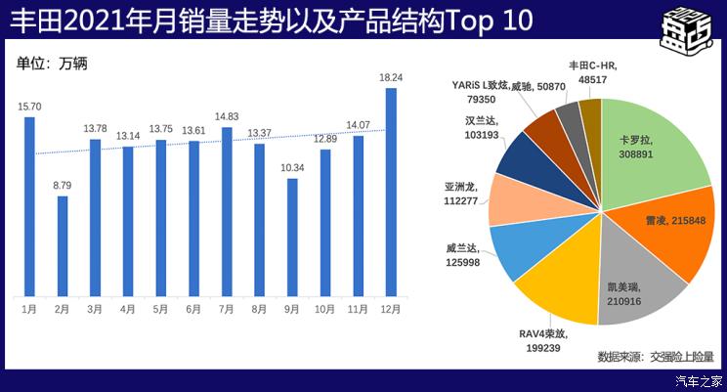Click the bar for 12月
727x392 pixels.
point(391,191)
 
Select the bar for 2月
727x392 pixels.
point(63,244)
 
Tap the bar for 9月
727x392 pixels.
point(292,236)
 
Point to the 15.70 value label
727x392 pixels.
point(28,107)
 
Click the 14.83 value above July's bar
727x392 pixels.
point(227,116)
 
